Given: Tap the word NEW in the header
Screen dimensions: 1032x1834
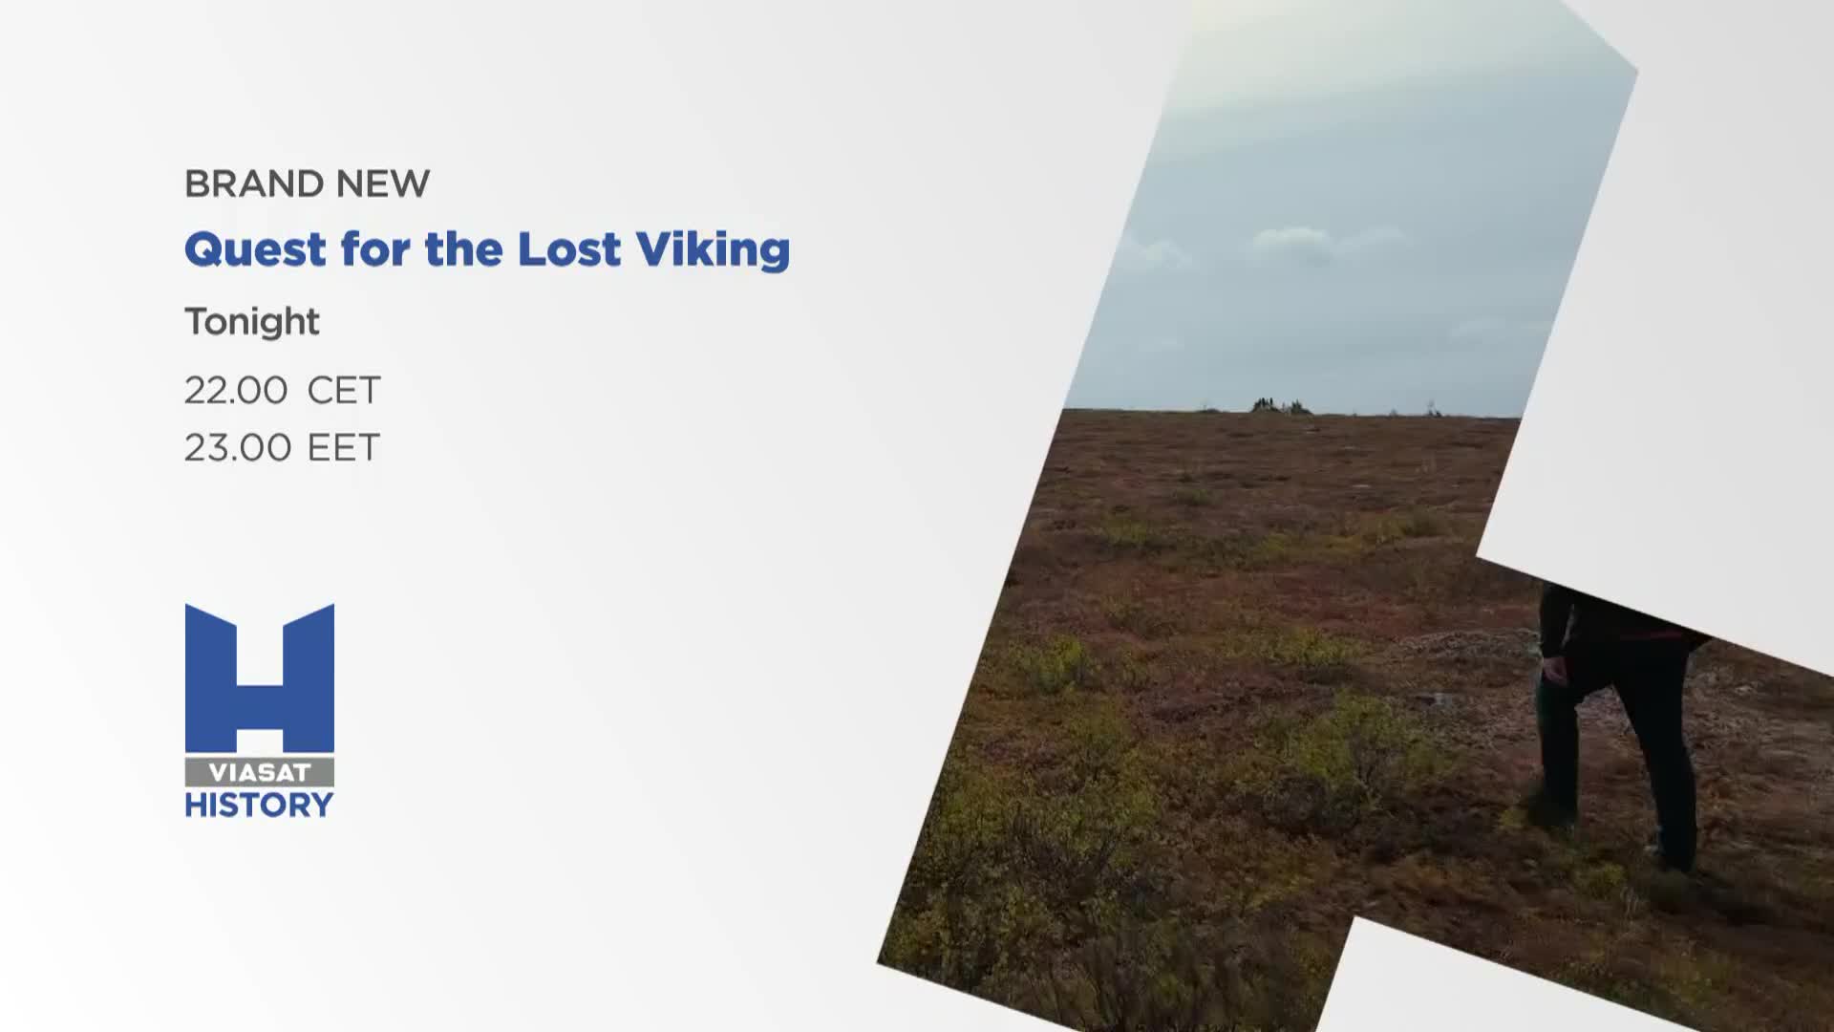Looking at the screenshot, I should pyautogui.click(x=383, y=183).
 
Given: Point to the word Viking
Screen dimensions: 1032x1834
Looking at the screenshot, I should pyautogui.click(x=713, y=250).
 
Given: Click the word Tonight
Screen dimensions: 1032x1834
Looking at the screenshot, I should pyautogui.click(x=252, y=322).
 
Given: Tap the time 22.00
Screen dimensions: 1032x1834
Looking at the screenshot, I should pyautogui.click(x=236, y=391).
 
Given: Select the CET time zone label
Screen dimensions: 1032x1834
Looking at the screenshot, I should pyautogui.click(x=344, y=391).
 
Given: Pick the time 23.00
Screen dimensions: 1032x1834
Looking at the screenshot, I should pyautogui.click(x=238, y=448).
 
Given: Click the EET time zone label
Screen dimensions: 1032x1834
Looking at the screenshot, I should pyautogui.click(x=344, y=448).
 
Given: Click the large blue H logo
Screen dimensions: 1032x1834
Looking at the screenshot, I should pyautogui.click(x=260, y=678).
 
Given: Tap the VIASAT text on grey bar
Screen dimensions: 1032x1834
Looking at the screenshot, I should pyautogui.click(x=260, y=773).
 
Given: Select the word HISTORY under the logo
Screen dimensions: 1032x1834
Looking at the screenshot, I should pyautogui.click(x=260, y=806).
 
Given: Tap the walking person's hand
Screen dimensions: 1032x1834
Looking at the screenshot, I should pyautogui.click(x=1554, y=672).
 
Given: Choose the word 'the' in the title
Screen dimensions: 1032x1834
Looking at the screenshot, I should pyautogui.click(x=463, y=248).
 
